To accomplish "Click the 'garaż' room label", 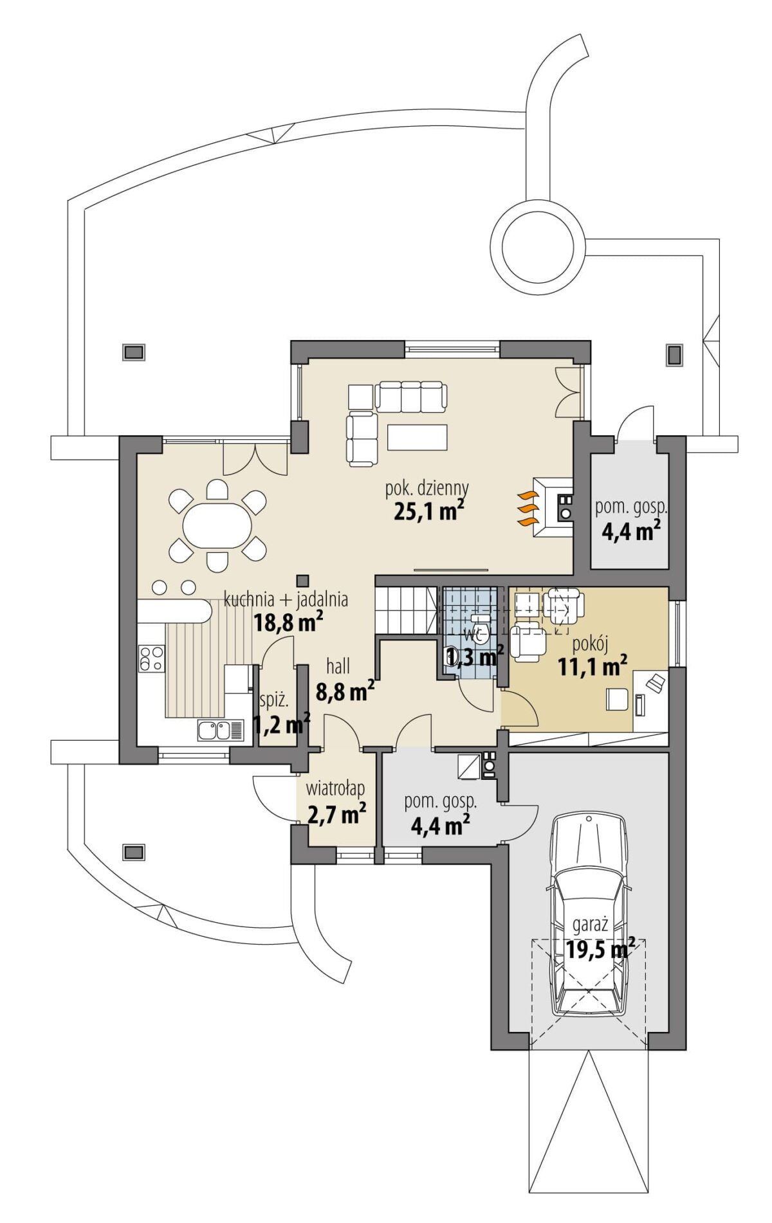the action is (591, 925).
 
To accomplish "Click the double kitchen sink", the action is (221, 730).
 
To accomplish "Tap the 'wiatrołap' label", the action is (335, 788).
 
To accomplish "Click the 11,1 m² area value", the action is (593, 667).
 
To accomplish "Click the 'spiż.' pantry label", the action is (274, 700).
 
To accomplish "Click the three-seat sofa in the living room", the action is (411, 397).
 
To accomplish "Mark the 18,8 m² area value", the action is (288, 622).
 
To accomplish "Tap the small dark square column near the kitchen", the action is (303, 578).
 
